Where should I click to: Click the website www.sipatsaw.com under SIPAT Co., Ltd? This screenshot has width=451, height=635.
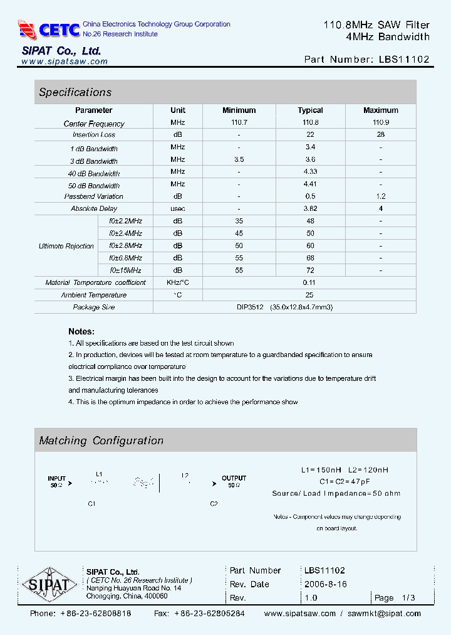(65, 61)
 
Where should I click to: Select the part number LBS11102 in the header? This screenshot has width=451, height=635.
(404, 60)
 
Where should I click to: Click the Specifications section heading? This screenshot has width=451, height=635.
(75, 92)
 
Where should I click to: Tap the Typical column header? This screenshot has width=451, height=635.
(310, 110)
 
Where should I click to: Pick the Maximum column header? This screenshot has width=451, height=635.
(380, 110)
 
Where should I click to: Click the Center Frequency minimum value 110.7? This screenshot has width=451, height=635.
(239, 123)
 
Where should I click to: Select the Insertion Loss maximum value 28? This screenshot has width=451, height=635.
(380, 135)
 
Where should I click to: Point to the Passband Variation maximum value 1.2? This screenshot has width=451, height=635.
(380, 196)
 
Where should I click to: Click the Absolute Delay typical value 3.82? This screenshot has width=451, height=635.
(310, 208)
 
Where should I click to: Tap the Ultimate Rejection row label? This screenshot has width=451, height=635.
(66, 246)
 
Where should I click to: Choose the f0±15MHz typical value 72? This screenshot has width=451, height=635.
(310, 270)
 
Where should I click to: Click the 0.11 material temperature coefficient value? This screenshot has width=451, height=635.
(310, 282)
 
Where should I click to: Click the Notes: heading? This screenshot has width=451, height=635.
(81, 331)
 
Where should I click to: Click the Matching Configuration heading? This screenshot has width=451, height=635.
(101, 440)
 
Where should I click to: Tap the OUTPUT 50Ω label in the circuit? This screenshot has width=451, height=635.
(234, 481)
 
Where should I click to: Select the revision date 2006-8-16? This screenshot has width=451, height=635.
(325, 584)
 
